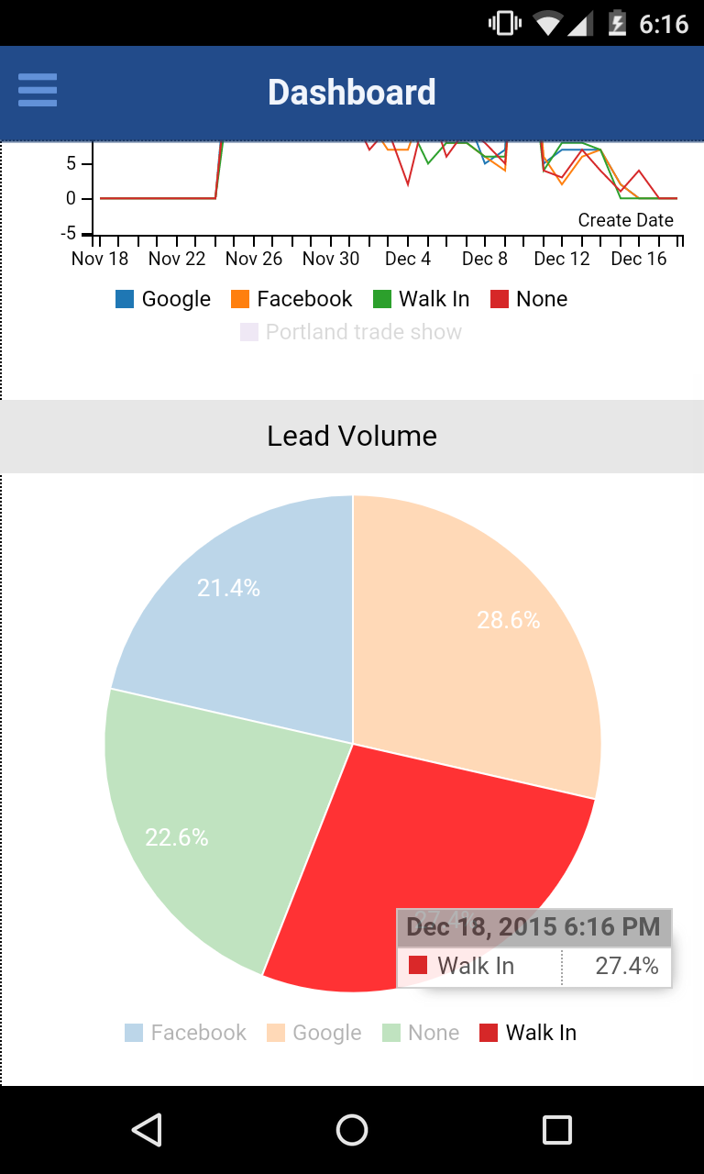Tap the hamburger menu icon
click(38, 91)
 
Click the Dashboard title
click(352, 93)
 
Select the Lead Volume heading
click(352, 436)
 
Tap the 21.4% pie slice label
click(228, 588)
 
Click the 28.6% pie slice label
click(509, 621)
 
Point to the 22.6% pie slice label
click(177, 836)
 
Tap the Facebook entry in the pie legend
click(186, 1033)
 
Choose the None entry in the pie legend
click(421, 1033)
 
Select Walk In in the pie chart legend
click(528, 1033)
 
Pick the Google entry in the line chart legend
click(163, 299)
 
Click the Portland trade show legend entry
click(352, 332)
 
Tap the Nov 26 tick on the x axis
click(254, 259)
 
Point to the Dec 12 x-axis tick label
click(562, 259)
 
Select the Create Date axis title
click(626, 220)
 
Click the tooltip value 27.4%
click(627, 966)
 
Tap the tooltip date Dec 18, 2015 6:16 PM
click(533, 926)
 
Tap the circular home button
click(352, 1130)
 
